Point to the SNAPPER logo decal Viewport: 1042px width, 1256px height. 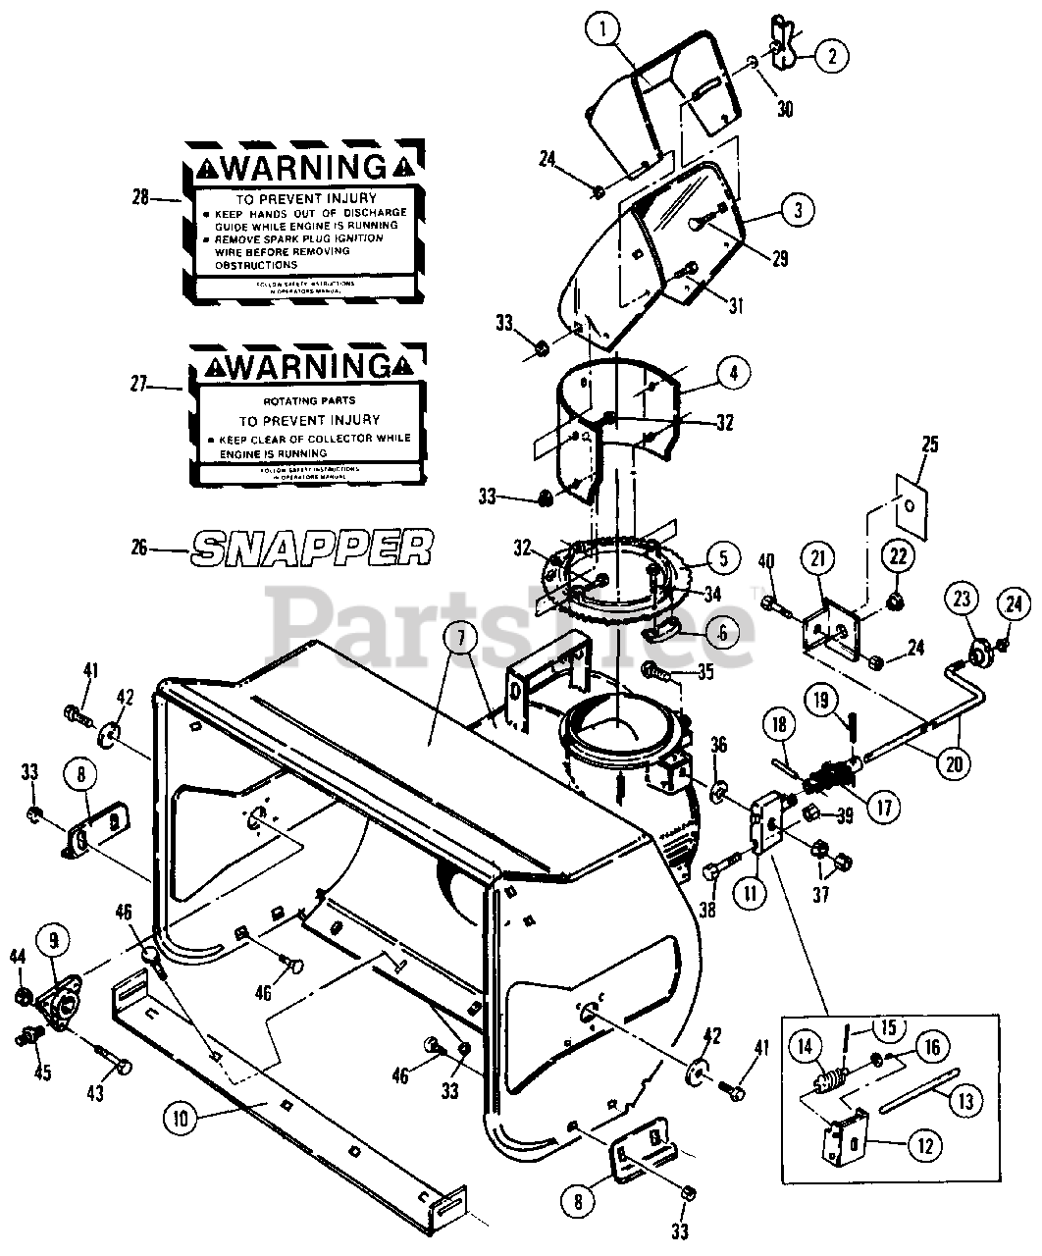tap(312, 548)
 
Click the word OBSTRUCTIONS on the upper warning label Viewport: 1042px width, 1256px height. tap(256, 265)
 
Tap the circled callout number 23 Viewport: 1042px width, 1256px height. tap(962, 599)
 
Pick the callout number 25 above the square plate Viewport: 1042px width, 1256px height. tap(929, 445)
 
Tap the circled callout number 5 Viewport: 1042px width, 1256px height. tap(721, 559)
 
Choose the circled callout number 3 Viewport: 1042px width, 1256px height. tap(797, 208)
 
